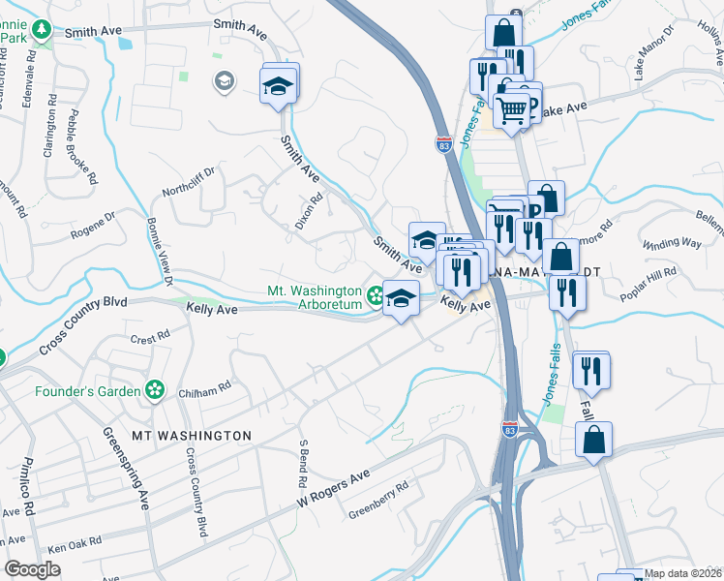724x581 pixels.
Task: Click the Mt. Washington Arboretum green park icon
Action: tap(374, 293)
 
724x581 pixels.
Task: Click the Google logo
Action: tap(33, 568)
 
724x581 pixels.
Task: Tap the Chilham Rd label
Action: tap(204, 388)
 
